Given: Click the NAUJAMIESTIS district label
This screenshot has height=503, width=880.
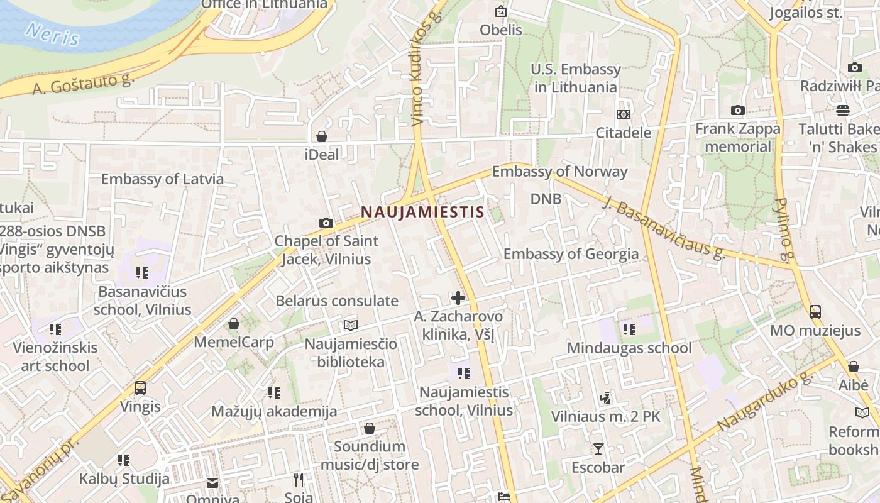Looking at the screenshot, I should tap(422, 212).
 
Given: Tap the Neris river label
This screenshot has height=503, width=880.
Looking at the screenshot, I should tap(53, 34).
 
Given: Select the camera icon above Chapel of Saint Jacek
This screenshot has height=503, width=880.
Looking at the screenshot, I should tap(326, 223).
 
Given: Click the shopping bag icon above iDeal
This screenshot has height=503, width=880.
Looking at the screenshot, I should tap(322, 136).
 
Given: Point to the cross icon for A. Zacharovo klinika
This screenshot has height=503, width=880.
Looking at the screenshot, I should tap(458, 297).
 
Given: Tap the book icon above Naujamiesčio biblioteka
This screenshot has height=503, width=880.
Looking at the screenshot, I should tap(350, 325).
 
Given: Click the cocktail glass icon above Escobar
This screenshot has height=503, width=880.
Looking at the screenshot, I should tap(598, 448).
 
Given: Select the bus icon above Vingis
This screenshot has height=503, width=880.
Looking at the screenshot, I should tap(140, 388).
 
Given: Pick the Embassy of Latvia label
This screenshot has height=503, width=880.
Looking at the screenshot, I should tap(162, 179).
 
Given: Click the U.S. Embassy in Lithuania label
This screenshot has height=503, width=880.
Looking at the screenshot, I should tap(576, 78).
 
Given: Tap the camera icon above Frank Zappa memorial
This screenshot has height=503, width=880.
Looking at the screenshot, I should tap(738, 111).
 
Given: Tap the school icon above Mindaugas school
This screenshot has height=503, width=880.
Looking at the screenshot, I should tap(629, 329).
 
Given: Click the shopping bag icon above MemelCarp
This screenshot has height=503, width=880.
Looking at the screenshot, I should tap(234, 324).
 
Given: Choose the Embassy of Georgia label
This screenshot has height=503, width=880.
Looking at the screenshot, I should tap(571, 254).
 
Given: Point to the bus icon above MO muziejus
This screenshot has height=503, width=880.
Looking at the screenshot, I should tap(815, 311).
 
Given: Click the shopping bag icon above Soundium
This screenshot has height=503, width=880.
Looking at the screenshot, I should tap(370, 428).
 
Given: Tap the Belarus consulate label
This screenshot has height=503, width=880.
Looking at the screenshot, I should tap(337, 301).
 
